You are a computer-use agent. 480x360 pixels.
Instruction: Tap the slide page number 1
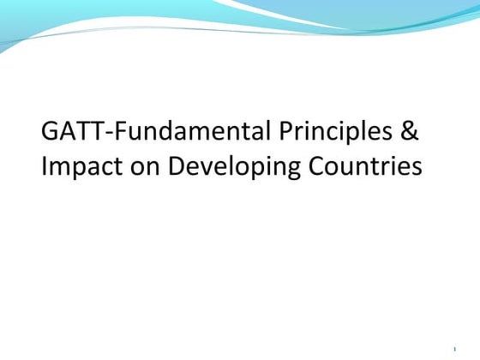click(454, 350)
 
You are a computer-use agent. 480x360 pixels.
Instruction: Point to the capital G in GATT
click(51, 134)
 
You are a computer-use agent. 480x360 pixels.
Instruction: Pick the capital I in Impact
click(45, 165)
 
